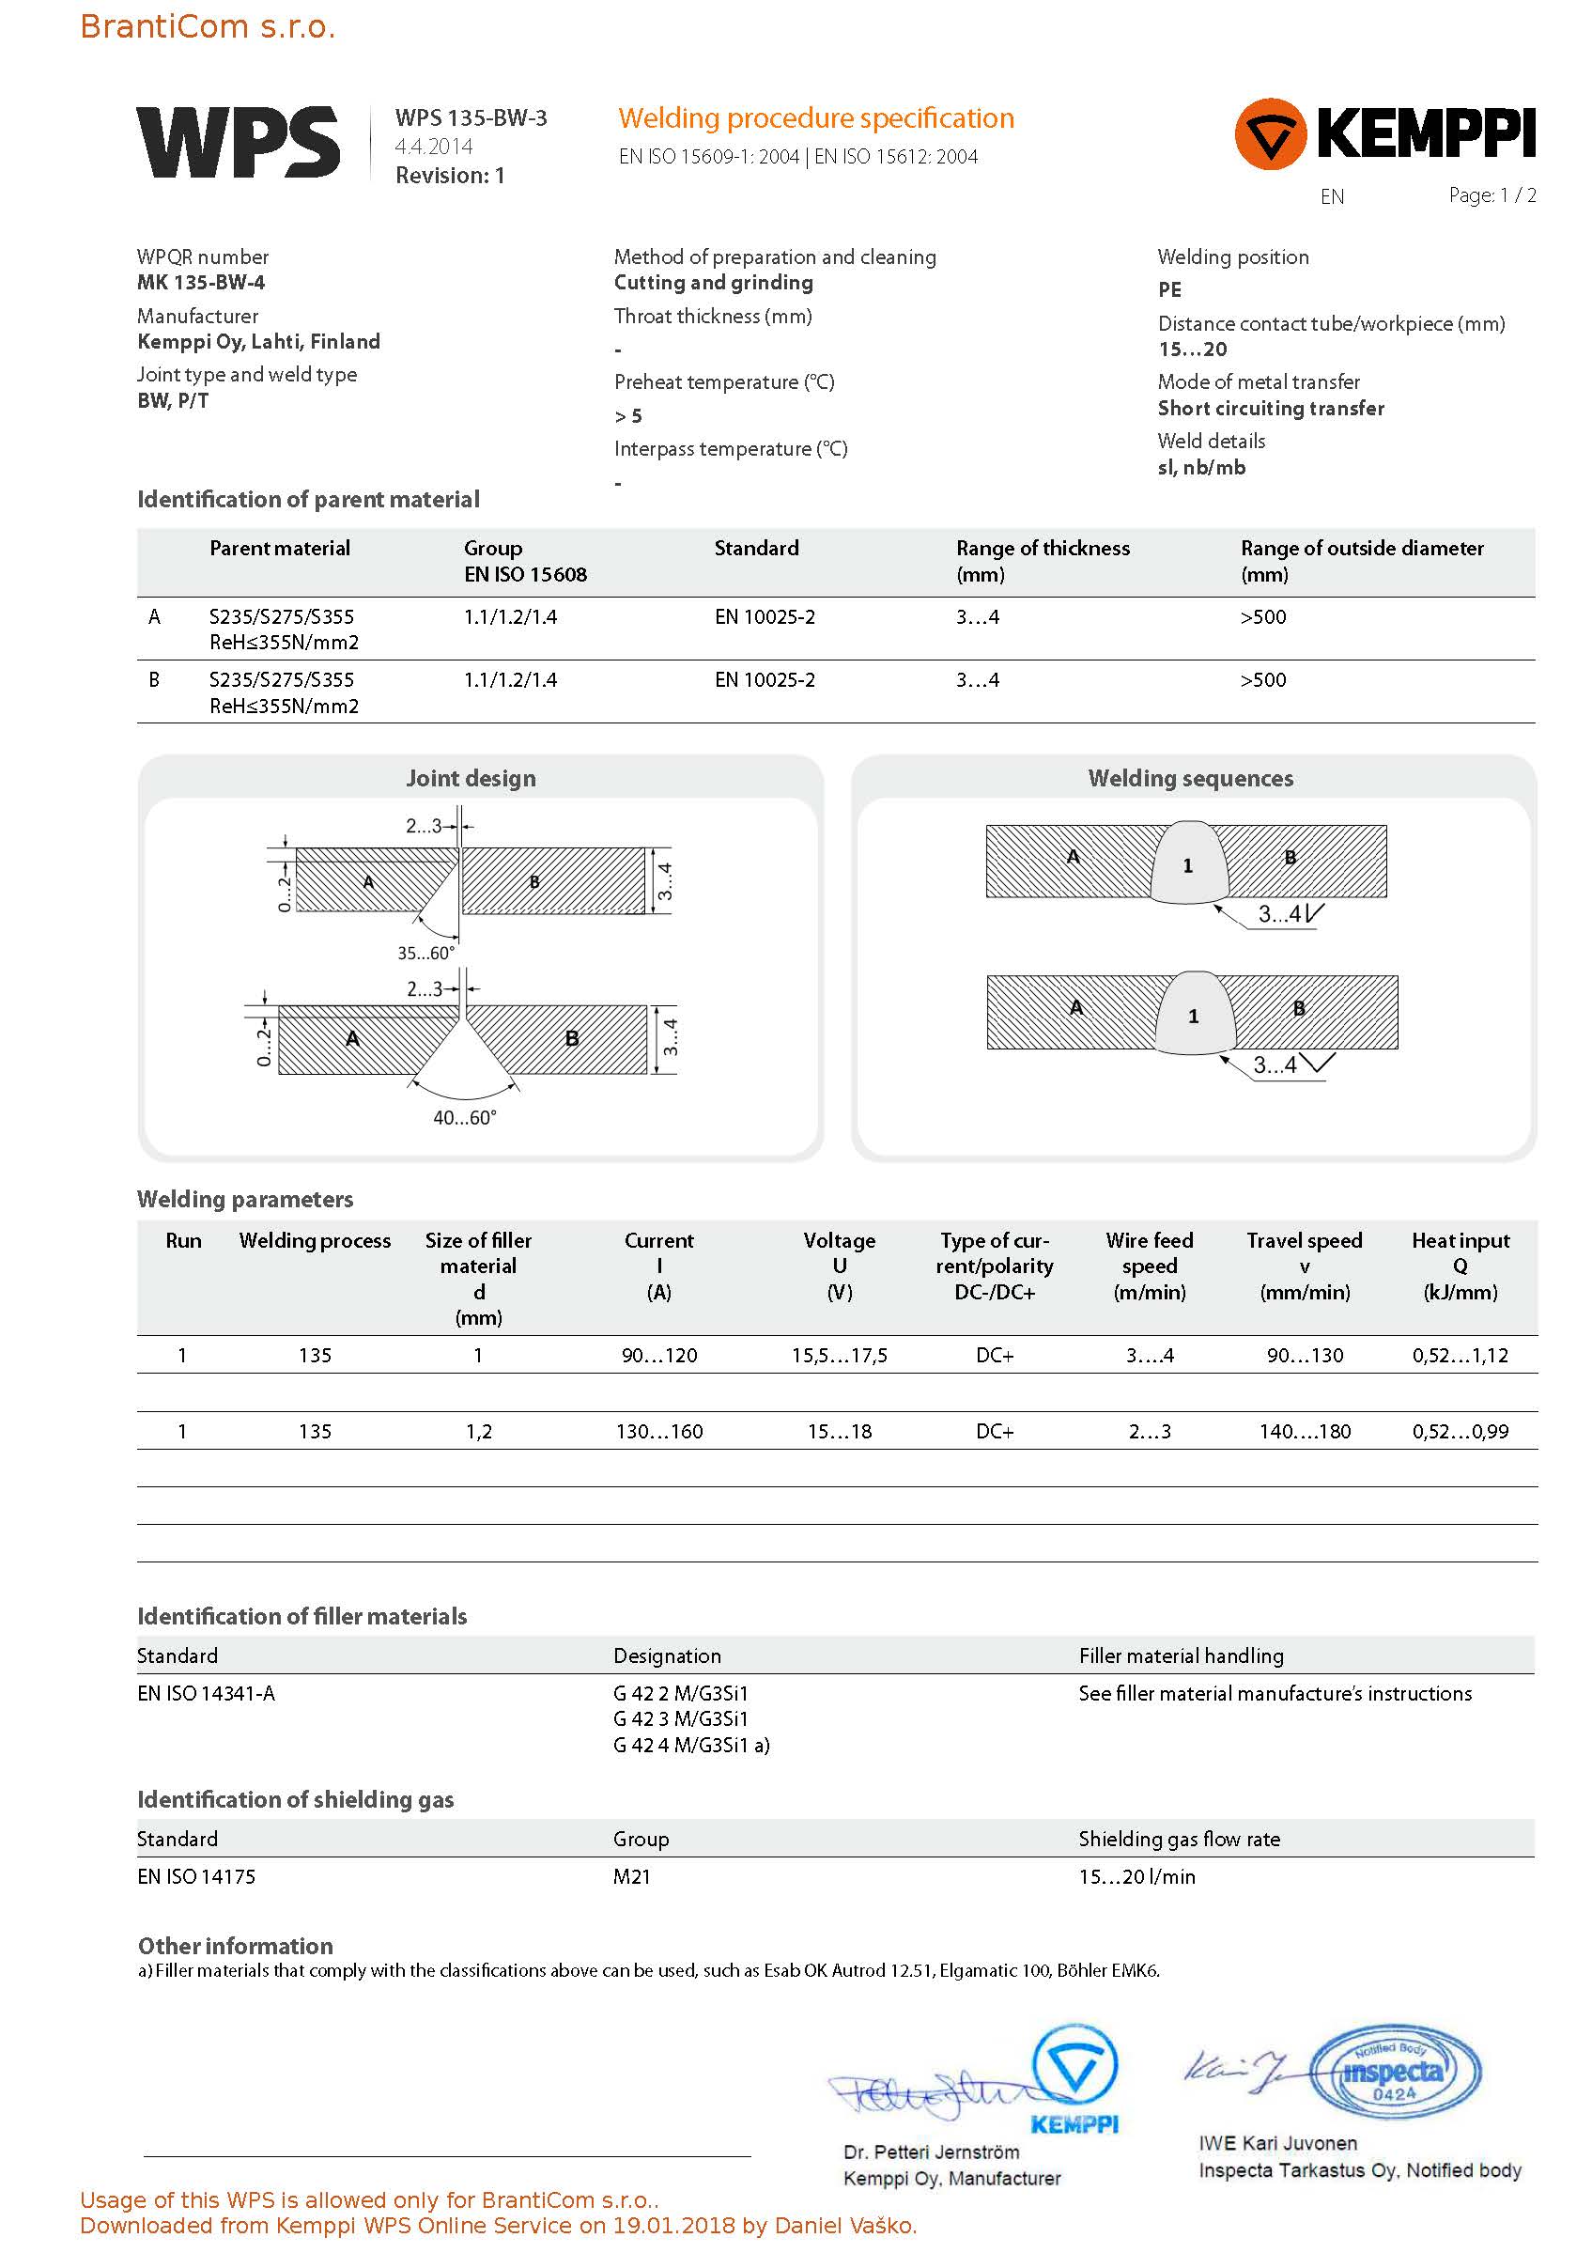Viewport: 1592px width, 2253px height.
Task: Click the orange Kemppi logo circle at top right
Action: pos(1270,134)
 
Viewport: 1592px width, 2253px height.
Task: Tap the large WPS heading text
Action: pos(239,143)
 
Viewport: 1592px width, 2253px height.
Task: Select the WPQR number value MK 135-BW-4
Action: pos(201,283)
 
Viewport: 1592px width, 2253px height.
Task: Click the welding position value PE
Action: pos(1169,289)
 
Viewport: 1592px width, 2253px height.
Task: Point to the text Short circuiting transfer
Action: pos(1270,408)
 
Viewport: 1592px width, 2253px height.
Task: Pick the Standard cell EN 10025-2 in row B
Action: pos(765,680)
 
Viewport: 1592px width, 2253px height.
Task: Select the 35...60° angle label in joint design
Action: pos(425,953)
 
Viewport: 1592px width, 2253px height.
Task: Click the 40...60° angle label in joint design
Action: pos(465,1118)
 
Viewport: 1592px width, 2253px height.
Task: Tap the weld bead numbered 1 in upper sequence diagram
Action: pos(1188,864)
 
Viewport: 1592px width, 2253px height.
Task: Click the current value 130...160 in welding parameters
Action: pos(659,1432)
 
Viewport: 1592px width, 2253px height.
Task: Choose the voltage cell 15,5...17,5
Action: pos(839,1356)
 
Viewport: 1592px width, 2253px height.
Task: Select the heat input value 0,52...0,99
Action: pos(1460,1432)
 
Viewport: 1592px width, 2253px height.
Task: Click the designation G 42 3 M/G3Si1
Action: pos(681,1719)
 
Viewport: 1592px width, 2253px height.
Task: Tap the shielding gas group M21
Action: pos(632,1877)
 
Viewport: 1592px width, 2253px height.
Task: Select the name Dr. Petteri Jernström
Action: pos(931,2152)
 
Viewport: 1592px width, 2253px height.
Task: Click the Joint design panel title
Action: pos(471,778)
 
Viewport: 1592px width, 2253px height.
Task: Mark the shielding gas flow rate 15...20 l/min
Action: pos(1136,1877)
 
